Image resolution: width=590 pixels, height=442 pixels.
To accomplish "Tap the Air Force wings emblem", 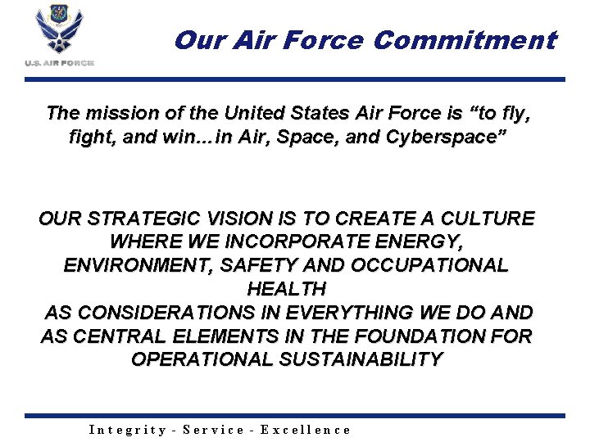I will [x=60, y=31].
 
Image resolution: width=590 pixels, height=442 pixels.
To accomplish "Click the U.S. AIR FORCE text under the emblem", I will [x=60, y=63].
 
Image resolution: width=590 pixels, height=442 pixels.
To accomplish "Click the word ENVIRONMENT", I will [x=132, y=266].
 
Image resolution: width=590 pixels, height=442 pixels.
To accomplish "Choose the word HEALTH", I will [x=286, y=289].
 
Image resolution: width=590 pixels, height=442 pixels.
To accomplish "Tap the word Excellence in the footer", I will [x=306, y=430].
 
